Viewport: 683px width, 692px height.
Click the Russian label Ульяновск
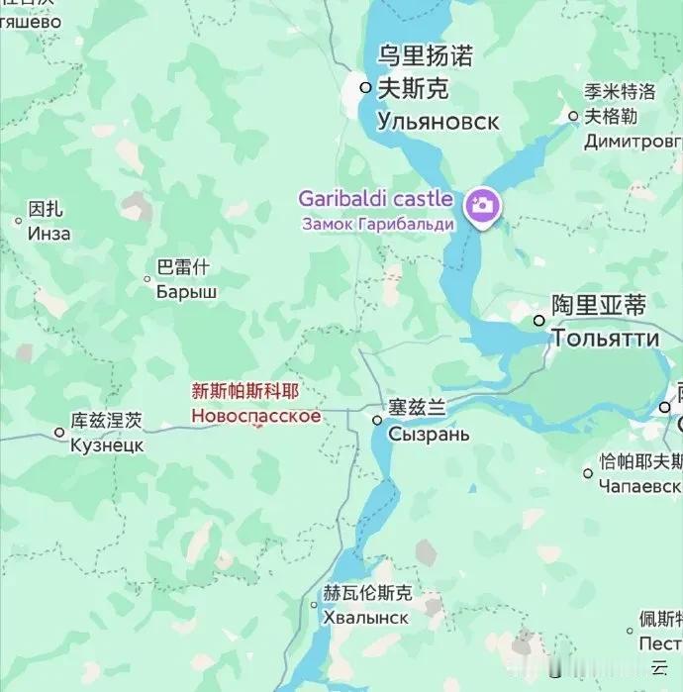pos(439,122)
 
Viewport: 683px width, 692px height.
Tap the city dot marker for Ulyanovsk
pos(365,88)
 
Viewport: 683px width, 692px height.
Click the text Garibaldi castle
pos(375,199)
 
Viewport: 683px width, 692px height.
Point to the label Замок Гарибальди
pos(378,224)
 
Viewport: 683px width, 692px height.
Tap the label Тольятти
pos(605,339)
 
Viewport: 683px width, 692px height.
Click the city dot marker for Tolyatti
pos(539,321)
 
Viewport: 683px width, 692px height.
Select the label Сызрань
pos(429,435)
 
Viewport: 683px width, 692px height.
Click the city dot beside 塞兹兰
pos(377,420)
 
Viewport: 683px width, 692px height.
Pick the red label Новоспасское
pos(256,416)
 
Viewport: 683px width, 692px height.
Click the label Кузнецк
pos(107,445)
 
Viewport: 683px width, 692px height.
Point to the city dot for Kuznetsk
pos(59,433)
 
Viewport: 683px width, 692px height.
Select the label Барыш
pos(187,292)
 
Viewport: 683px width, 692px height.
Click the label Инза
pos(49,234)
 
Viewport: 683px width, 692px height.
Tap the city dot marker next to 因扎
pos(18,221)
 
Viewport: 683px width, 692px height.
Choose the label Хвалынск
pos(365,617)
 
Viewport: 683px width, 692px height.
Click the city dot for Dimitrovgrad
pos(573,116)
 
